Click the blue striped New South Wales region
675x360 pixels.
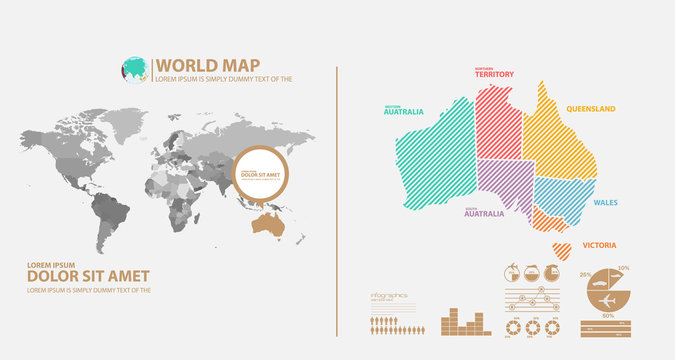click(563, 197)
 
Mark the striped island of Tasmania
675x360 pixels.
click(561, 247)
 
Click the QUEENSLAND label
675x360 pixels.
click(591, 108)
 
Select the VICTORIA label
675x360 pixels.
click(599, 245)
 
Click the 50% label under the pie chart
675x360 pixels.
click(606, 316)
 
